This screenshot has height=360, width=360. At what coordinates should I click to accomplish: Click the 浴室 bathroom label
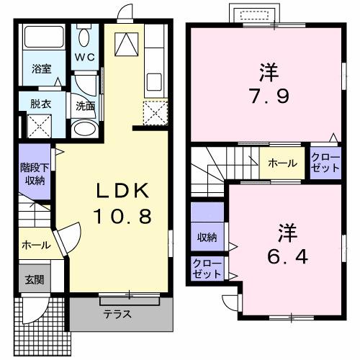coord(41,69)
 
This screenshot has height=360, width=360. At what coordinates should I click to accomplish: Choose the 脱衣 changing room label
coord(40,104)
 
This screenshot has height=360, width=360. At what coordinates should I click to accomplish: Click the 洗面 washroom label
coord(85,106)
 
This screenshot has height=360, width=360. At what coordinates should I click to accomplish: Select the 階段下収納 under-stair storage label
coord(34,174)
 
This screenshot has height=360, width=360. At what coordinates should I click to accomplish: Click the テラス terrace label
coord(116,314)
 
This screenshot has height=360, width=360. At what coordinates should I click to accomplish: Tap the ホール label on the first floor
coord(35,245)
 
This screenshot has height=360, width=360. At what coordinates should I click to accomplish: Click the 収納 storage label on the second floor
coord(207,237)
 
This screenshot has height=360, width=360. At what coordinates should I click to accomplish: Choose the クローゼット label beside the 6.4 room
coord(207,269)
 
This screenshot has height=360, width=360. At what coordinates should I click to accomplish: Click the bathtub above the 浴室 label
coord(42,39)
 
